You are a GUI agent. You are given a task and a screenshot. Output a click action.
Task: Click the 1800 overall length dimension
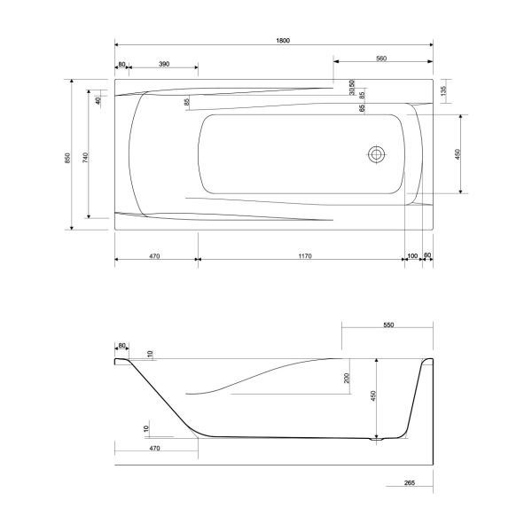click(283, 41)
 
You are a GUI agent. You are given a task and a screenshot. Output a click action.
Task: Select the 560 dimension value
click(381, 59)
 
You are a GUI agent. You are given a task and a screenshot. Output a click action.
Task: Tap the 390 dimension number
click(164, 64)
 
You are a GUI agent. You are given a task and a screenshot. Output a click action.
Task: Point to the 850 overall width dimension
click(67, 158)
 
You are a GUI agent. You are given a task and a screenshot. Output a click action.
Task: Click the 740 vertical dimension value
click(85, 158)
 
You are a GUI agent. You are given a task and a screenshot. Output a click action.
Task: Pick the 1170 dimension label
click(305, 256)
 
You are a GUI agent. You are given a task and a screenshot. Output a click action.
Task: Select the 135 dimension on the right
click(444, 90)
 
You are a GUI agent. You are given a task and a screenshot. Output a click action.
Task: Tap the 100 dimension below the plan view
click(412, 256)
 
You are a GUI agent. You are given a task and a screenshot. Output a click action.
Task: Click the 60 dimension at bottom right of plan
click(427, 254)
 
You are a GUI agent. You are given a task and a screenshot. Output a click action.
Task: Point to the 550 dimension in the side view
click(388, 325)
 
